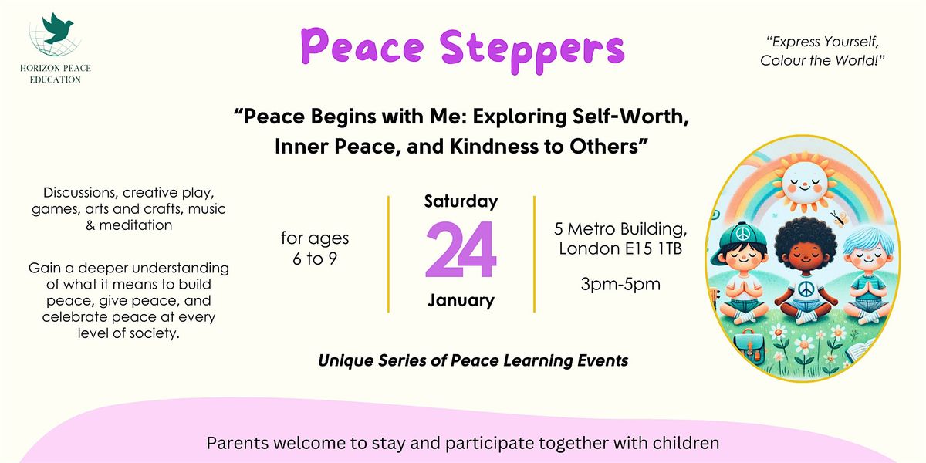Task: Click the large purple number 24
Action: pyautogui.click(x=461, y=252)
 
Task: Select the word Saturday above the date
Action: pyautogui.click(x=461, y=202)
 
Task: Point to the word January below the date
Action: pyautogui.click(x=461, y=299)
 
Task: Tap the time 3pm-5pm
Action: pyautogui.click(x=620, y=284)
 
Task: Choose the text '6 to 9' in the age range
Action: pyautogui.click(x=314, y=259)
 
